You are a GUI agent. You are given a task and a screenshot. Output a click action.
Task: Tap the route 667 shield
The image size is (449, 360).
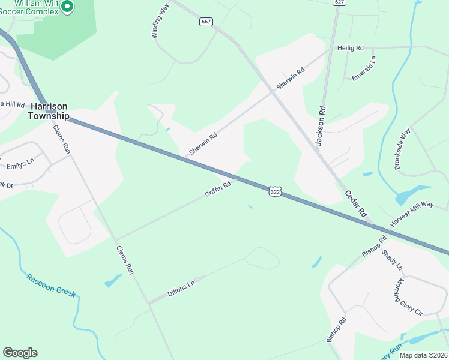point(206,22)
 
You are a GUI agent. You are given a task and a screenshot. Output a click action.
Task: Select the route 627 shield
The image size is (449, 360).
point(340,2)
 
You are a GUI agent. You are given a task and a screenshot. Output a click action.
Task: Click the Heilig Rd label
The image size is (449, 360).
point(351,47)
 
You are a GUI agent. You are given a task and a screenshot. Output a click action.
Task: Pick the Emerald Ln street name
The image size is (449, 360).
point(364,68)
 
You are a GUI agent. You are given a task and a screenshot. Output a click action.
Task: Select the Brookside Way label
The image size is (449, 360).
point(402,148)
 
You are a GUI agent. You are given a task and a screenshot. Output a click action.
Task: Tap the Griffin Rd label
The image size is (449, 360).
point(218,190)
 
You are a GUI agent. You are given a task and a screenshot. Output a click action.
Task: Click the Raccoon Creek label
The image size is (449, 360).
point(51,285)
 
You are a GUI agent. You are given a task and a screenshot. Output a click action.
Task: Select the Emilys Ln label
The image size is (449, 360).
point(20,162)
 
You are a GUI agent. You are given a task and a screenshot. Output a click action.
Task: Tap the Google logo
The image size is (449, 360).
point(20,353)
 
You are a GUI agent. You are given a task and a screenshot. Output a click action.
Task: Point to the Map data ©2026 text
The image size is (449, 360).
point(423,355)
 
